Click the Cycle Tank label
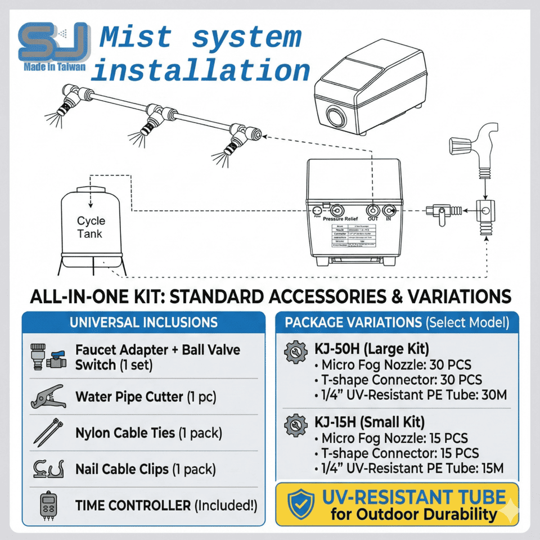click(91, 227)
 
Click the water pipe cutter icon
click(47, 397)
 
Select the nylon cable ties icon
click(47, 433)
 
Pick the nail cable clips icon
click(47, 469)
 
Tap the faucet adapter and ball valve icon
click(47, 357)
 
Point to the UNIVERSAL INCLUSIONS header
click(143, 322)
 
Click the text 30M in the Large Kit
click(493, 395)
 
